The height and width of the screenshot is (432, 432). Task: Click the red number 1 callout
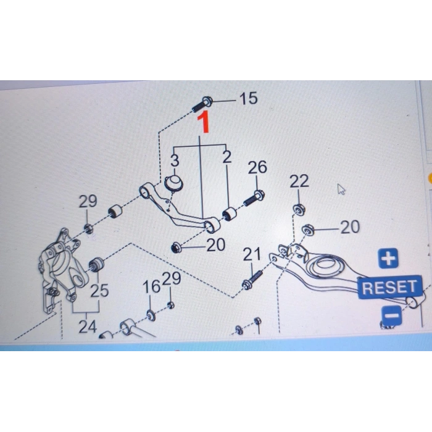[203, 122]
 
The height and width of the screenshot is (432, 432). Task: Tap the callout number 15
[249, 98]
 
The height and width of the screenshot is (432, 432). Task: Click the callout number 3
[175, 160]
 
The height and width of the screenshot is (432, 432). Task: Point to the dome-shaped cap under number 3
[174, 183]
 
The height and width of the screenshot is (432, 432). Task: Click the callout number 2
[226, 157]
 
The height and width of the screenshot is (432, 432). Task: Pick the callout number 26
[257, 167]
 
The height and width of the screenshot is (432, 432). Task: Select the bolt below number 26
[254, 198]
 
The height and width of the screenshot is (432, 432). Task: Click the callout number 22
[299, 181]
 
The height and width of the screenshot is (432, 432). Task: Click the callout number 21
[252, 254]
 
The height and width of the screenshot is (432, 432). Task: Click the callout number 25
[99, 291]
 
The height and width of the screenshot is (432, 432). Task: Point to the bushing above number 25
[96, 264]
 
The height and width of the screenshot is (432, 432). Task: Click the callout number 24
[88, 327]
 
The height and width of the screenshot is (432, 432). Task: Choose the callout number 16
[151, 286]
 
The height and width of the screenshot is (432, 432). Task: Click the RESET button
[389, 287]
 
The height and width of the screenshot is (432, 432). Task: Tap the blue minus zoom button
[391, 316]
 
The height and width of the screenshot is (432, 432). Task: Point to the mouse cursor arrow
[341, 189]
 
